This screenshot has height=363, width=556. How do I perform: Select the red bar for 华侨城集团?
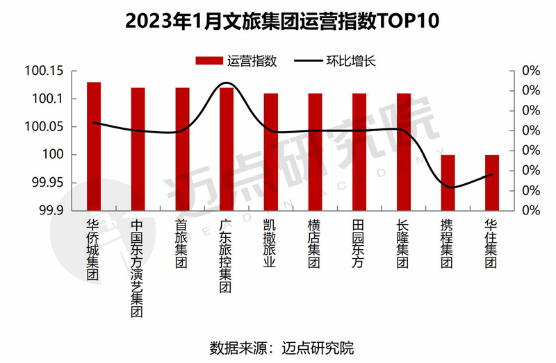(94, 146)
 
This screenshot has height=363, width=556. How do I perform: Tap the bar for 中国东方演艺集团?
(138, 149)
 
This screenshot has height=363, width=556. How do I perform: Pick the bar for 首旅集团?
(182, 149)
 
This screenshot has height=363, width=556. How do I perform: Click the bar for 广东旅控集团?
(227, 149)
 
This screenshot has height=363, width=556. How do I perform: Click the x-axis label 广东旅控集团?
(227, 257)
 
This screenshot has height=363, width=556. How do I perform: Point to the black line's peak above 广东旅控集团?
(227, 83)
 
